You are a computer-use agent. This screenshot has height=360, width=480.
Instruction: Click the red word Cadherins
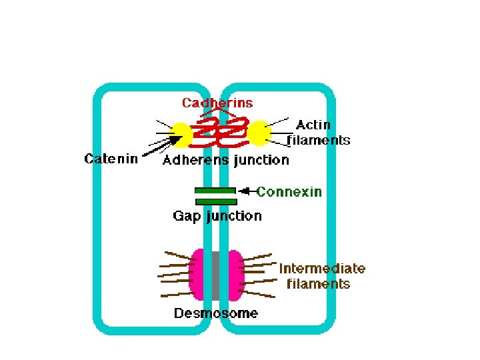(x=218, y=103)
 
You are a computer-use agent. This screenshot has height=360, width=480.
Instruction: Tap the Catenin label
(x=111, y=159)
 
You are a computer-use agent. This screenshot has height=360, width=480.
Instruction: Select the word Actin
(x=313, y=125)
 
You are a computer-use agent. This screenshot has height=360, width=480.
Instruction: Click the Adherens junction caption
(x=226, y=160)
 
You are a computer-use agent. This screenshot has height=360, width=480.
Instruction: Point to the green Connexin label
(x=289, y=192)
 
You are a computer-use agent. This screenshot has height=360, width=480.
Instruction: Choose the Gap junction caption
(x=217, y=216)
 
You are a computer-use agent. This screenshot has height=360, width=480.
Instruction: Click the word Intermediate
(x=322, y=269)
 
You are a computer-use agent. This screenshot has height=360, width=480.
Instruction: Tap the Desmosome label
(x=216, y=313)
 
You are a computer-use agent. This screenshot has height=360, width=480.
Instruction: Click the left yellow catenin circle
(x=182, y=134)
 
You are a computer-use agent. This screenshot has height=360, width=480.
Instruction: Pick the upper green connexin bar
(x=215, y=190)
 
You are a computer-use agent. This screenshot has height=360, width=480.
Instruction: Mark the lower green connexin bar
(x=215, y=201)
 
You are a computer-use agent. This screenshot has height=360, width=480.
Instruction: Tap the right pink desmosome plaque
(x=235, y=274)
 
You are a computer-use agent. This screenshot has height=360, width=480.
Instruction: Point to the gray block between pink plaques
(x=217, y=274)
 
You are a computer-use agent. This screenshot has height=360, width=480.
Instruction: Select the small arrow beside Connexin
(x=247, y=191)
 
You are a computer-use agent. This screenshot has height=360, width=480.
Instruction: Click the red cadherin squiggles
(x=221, y=133)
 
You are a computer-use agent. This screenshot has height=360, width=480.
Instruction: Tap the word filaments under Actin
(x=319, y=140)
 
